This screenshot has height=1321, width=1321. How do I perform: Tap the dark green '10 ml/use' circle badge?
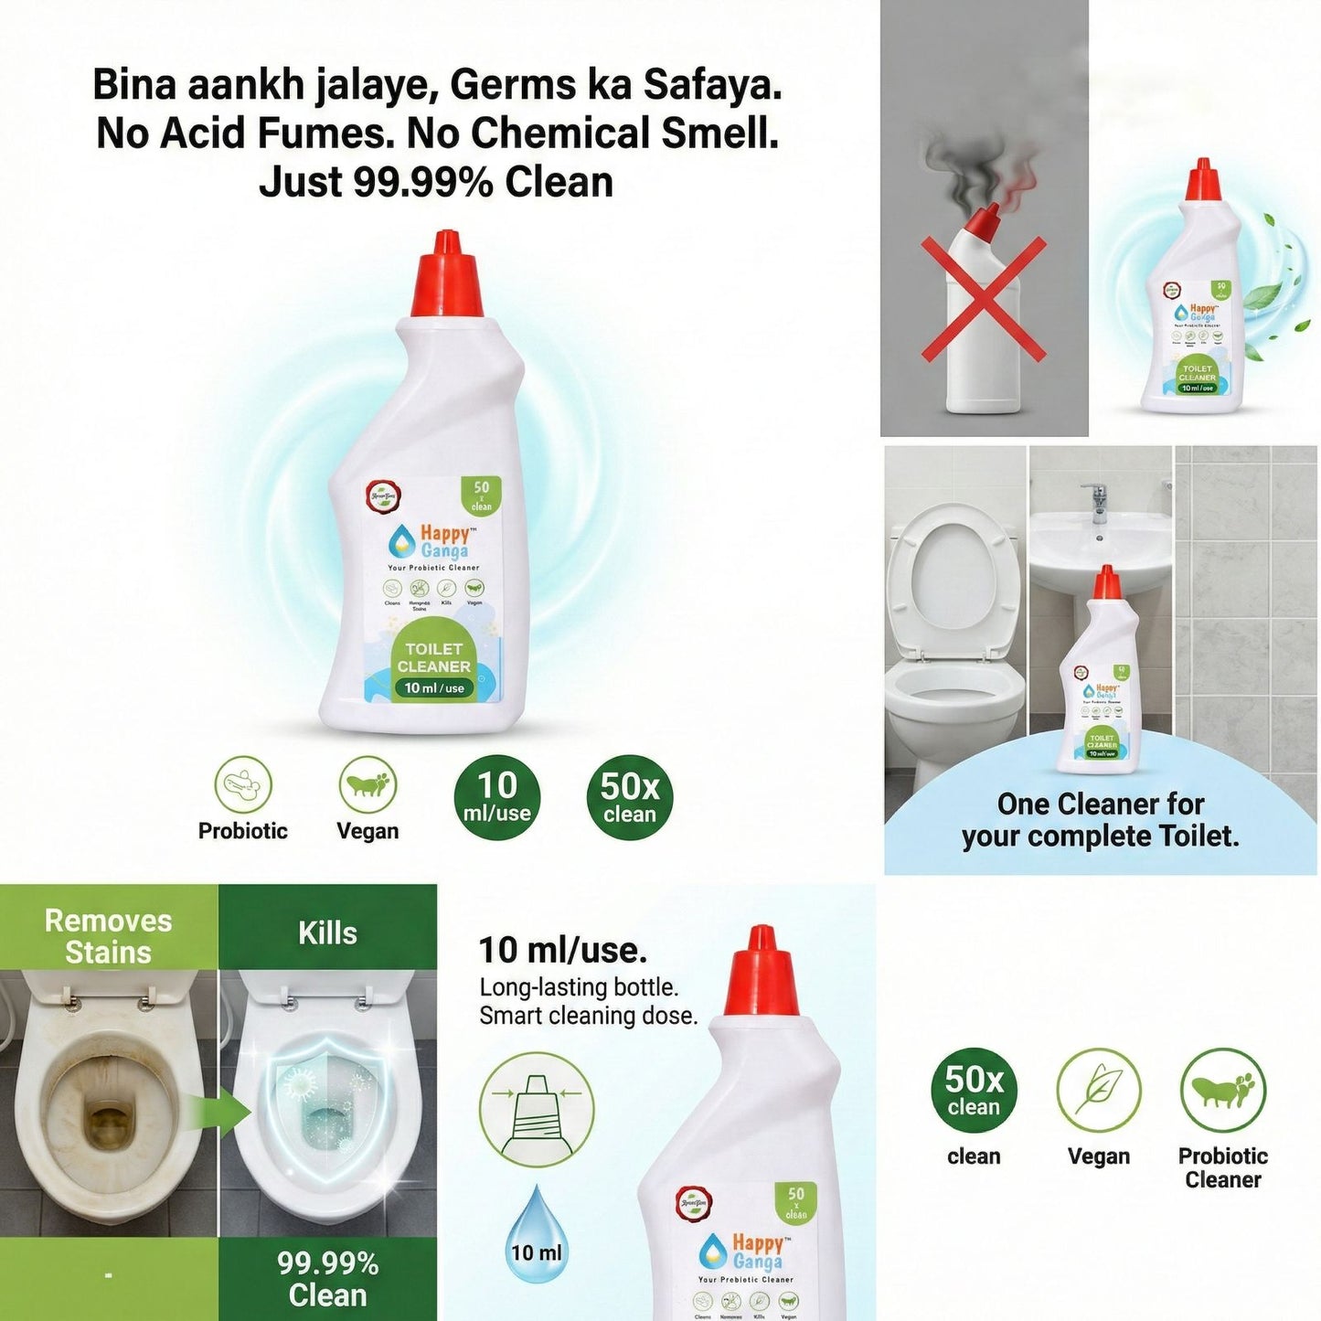click(x=497, y=797)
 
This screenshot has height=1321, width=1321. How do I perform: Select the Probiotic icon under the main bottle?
click(x=243, y=784)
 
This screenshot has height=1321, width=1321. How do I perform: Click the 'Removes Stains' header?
click(x=108, y=936)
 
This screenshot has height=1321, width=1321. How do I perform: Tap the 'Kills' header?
click(x=327, y=933)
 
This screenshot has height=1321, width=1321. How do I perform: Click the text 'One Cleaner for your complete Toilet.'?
click(x=1101, y=820)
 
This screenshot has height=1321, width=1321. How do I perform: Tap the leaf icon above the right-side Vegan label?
click(x=1098, y=1090)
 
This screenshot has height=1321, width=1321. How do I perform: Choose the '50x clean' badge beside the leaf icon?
click(x=974, y=1091)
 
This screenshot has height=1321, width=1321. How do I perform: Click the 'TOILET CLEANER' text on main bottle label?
click(x=434, y=657)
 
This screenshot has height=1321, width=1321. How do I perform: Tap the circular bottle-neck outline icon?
click(x=537, y=1109)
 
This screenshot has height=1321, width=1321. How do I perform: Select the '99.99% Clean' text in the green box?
click(x=327, y=1278)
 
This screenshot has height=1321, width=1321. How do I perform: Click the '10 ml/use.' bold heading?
click(x=563, y=950)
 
